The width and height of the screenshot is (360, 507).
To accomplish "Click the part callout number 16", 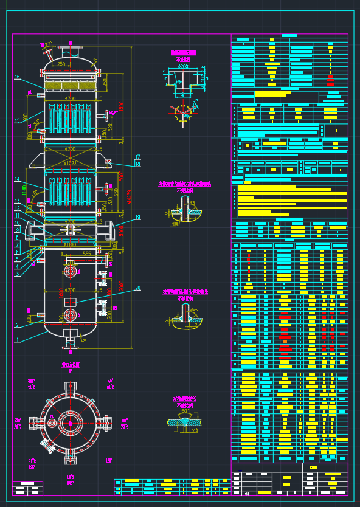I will tap(17, 77).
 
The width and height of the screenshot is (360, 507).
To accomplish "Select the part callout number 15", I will tap(17, 120).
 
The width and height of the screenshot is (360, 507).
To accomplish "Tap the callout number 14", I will tap(17, 179).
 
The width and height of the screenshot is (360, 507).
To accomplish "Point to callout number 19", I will tap(138, 218).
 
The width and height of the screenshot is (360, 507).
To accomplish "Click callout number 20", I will tap(137, 288).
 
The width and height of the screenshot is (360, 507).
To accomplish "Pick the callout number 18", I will tap(137, 165).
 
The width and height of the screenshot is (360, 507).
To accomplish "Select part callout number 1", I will tap(17, 340).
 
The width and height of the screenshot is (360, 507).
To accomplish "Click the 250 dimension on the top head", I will tap(61, 64).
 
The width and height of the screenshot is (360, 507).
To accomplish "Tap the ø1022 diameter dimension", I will tap(71, 163).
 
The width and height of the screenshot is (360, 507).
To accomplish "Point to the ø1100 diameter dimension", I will tap(71, 244).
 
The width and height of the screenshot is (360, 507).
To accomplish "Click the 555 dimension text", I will tap(87, 253).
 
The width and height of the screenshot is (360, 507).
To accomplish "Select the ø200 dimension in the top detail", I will tap(183, 66).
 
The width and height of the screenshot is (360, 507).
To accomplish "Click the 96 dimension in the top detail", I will tap(182, 95).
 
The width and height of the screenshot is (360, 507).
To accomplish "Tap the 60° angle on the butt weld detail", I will tap(184, 411).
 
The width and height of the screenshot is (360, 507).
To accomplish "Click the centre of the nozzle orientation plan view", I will tap(71, 421).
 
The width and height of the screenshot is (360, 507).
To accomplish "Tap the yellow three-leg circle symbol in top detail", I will tap(182, 111).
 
